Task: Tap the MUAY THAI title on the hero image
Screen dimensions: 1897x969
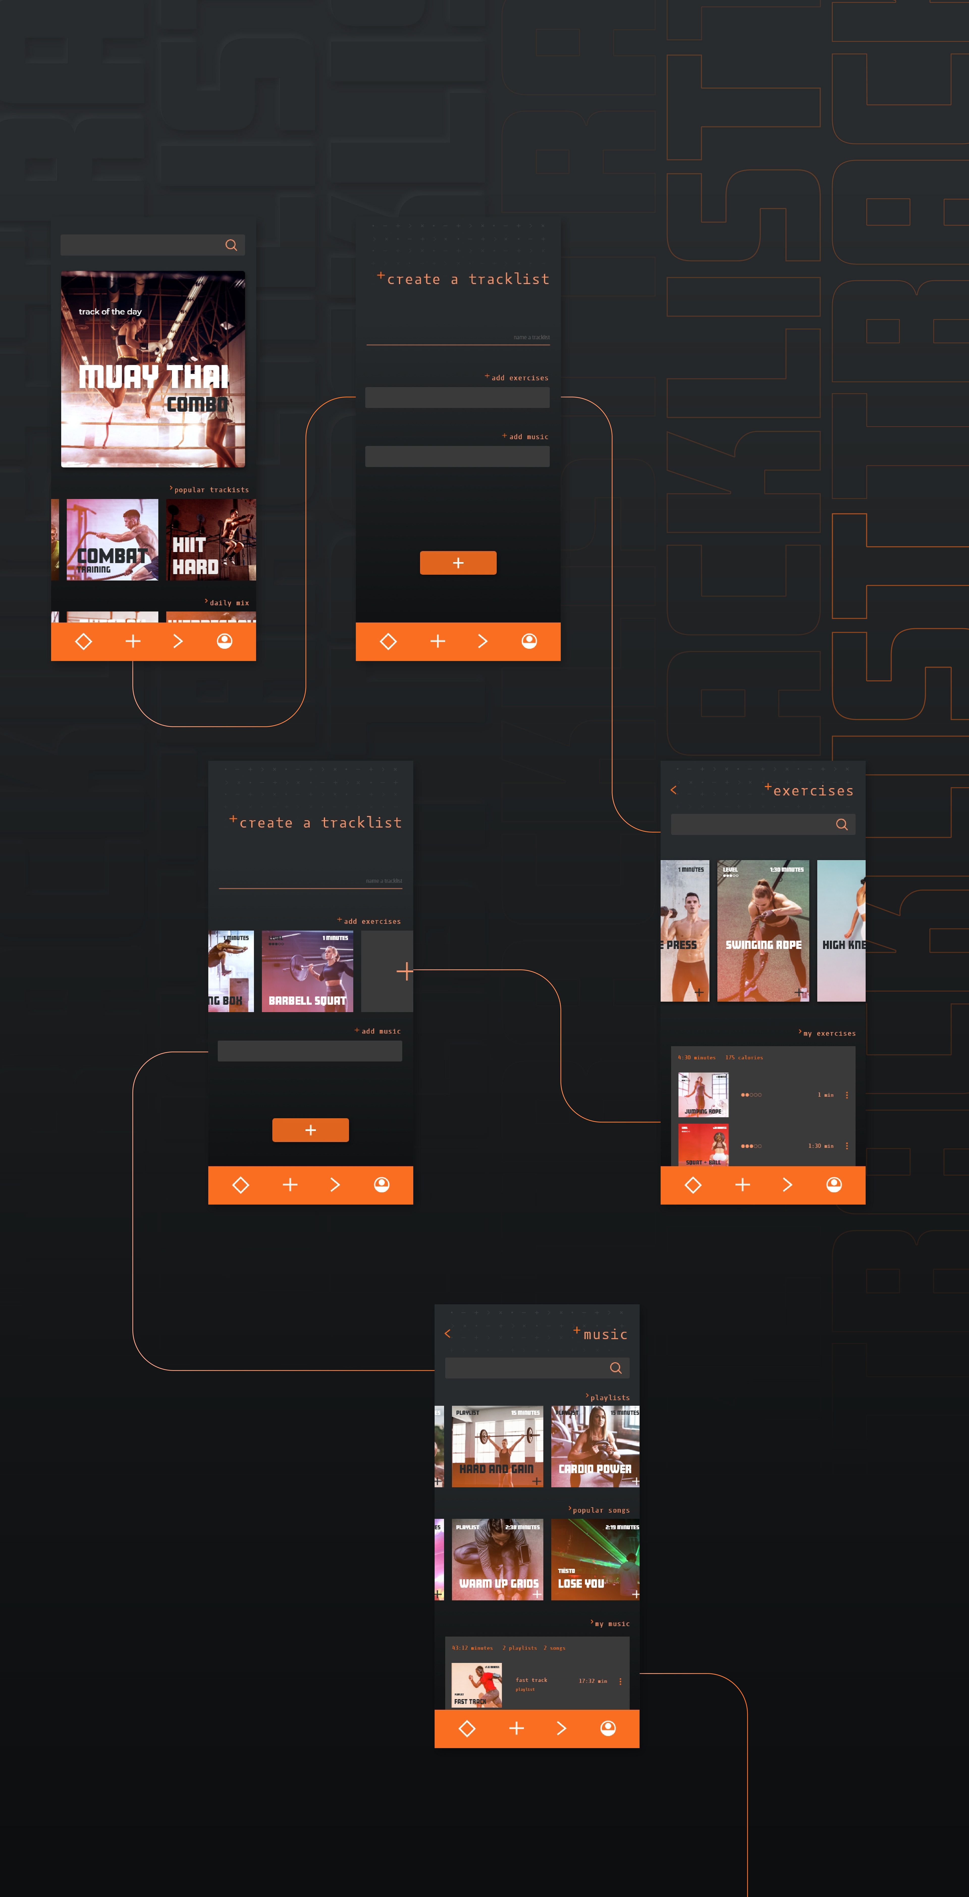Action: [153, 376]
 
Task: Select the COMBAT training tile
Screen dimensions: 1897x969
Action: [112, 540]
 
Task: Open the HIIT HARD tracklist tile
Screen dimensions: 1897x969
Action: [211, 540]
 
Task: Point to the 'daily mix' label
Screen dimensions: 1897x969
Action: [228, 602]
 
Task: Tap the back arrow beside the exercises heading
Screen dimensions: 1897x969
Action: [673, 790]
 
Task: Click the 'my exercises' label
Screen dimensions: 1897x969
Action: [828, 1033]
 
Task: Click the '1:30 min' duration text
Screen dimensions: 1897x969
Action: [820, 1146]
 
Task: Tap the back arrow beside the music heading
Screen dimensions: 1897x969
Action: [447, 1334]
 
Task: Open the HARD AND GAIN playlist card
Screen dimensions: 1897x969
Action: [497, 1446]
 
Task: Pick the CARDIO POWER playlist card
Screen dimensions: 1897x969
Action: [595, 1446]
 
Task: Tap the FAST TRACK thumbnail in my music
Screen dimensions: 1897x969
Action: [476, 1685]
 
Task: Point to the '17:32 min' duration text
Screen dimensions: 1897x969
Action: [593, 1681]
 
